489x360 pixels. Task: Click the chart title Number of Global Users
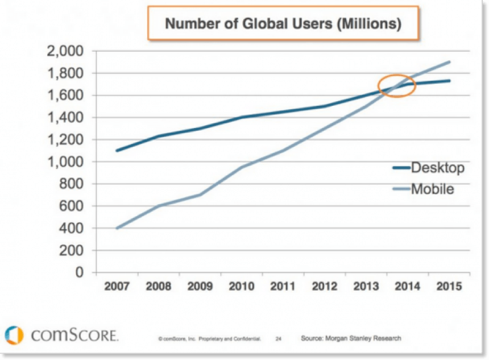(283, 24)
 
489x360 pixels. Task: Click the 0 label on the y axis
(80, 273)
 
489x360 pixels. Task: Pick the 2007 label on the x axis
(117, 286)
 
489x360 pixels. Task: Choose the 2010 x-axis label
(241, 286)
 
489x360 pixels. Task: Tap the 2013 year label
(366, 286)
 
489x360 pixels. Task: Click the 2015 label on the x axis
(449, 286)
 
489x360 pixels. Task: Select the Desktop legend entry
(428, 168)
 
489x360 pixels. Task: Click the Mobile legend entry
(424, 189)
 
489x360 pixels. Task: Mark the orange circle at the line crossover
(397, 86)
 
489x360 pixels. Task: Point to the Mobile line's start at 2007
(117, 228)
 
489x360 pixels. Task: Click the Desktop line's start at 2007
(117, 151)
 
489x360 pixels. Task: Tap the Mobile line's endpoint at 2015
(449, 62)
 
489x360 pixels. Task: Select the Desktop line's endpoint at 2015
(449, 81)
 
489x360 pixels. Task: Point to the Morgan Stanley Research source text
(351, 338)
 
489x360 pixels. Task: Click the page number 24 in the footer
(279, 339)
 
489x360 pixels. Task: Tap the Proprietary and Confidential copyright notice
(209, 339)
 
